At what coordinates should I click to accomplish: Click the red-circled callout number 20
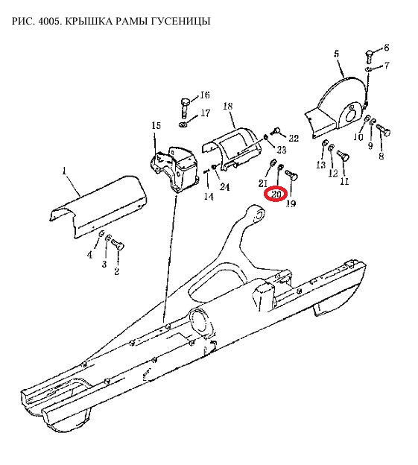pyautogui.click(x=276, y=194)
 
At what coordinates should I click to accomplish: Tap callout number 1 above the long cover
pyautogui.click(x=64, y=171)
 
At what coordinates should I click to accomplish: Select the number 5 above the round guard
pyautogui.click(x=336, y=54)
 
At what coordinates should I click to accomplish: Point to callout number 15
pyautogui.click(x=156, y=125)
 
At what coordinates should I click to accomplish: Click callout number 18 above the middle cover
pyautogui.click(x=228, y=106)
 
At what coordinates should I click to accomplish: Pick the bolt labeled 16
pyautogui.click(x=185, y=107)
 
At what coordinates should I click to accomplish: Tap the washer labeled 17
pyautogui.click(x=183, y=124)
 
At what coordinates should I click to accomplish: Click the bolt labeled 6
pyautogui.click(x=369, y=57)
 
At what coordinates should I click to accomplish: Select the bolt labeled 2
pyautogui.click(x=118, y=245)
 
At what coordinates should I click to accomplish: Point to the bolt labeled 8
pyautogui.click(x=383, y=130)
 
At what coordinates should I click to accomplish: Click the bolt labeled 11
pyautogui.click(x=343, y=155)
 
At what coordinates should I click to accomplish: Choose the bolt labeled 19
pyautogui.click(x=292, y=174)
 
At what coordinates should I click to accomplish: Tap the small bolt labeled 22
pyautogui.click(x=276, y=131)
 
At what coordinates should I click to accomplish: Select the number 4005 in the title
pyautogui.click(x=49, y=21)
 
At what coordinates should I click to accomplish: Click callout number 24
pyautogui.click(x=224, y=187)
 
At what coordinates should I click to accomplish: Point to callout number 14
pyautogui.click(x=209, y=196)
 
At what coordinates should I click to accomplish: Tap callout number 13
pyautogui.click(x=320, y=165)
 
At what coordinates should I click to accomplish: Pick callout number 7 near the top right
pyautogui.click(x=386, y=66)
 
